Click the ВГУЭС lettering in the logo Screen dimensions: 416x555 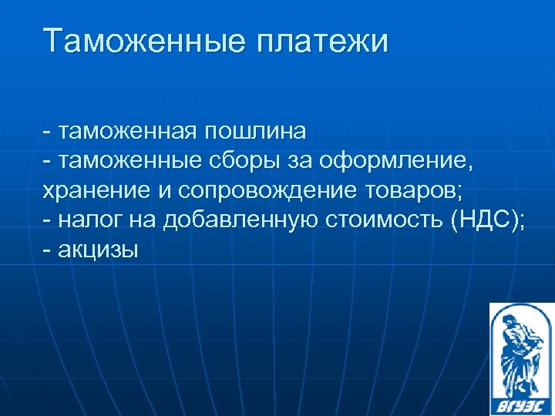[521, 401]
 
